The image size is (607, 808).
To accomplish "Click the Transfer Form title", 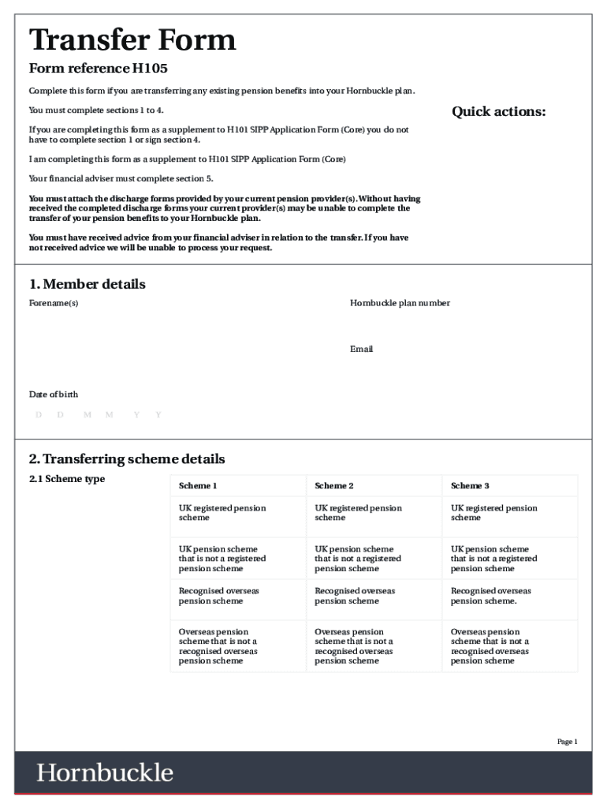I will tap(132, 40).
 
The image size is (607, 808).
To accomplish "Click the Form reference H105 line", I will tap(99, 69).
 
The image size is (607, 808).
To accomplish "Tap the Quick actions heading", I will tap(498, 111).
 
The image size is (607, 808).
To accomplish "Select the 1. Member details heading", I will tap(88, 284).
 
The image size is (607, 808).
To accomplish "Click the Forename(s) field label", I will tap(54, 303).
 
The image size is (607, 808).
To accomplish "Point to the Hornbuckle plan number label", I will tap(400, 303).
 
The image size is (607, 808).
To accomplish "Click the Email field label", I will tap(361, 349).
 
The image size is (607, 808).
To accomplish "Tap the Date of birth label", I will tap(54, 395).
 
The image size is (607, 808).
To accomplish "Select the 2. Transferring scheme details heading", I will tap(127, 459).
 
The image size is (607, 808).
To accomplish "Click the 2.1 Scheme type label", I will tap(67, 479).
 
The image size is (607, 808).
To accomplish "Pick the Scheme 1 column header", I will tap(198, 486).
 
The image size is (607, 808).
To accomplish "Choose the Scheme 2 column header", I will tap(334, 486).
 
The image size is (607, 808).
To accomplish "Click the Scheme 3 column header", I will tap(470, 486).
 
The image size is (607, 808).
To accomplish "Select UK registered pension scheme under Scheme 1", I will tap(222, 513).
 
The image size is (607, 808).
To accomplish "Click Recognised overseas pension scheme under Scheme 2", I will tap(355, 596).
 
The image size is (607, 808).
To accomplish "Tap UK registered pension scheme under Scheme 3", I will tap(494, 513).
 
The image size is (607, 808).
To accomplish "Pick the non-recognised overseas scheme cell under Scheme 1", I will tap(218, 646).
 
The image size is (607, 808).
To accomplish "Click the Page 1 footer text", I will tap(568, 742).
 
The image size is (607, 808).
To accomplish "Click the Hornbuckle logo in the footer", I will tap(105, 772).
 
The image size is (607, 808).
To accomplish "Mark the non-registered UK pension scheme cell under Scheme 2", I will tap(358, 559).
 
